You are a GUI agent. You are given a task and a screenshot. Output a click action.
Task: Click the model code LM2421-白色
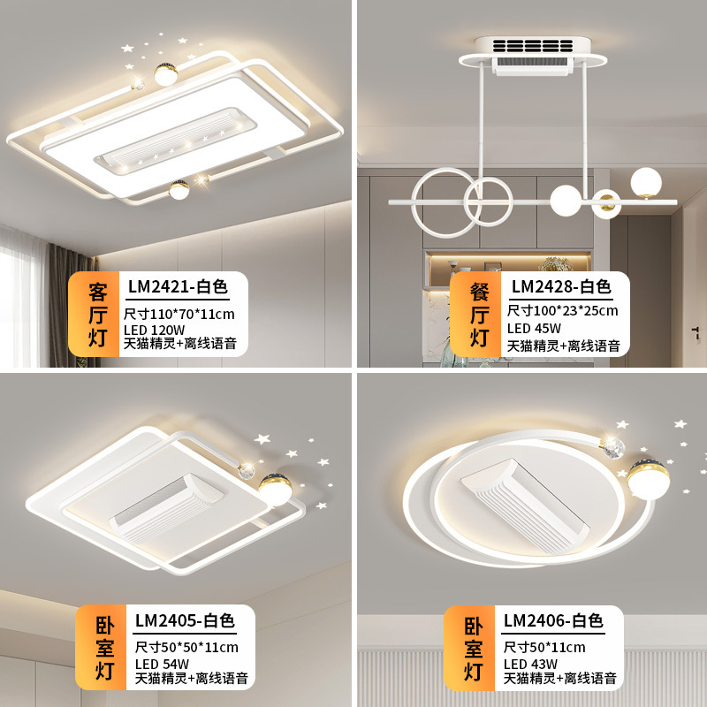click(178, 286)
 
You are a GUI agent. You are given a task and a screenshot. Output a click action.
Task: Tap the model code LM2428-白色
click(561, 286)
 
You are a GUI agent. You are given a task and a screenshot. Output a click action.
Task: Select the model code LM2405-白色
click(185, 621)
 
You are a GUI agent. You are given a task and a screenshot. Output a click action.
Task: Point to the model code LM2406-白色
click(553, 621)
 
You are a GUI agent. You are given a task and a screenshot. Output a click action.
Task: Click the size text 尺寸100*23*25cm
click(562, 311)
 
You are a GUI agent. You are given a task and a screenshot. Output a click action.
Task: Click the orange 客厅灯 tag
click(97, 314)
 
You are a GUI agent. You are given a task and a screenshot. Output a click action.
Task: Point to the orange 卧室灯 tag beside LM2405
click(104, 648)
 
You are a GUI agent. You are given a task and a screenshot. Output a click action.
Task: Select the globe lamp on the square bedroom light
click(277, 487)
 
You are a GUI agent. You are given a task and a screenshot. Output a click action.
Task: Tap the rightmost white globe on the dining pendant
click(645, 183)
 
